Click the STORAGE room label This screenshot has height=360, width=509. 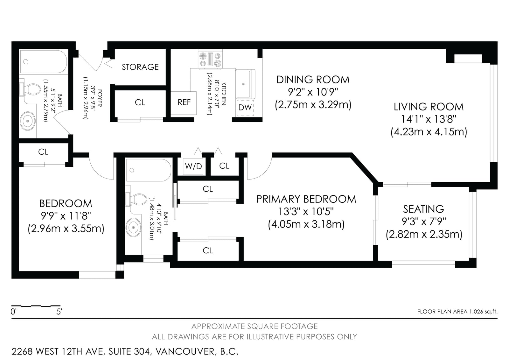140,67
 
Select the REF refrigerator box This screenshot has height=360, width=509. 184,103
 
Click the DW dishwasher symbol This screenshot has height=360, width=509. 245,107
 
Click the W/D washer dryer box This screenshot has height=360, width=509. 193,166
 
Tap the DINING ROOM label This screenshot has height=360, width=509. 313,80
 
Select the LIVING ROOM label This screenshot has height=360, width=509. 429,107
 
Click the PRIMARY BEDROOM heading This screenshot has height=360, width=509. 306,199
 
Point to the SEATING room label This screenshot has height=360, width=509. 423,209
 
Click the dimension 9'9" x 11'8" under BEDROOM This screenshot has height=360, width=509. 66,216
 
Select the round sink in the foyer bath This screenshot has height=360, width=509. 28,121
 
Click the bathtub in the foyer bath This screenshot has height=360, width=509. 43,62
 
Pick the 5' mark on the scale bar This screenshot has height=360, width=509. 59,312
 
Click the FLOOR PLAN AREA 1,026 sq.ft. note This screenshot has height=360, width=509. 457,312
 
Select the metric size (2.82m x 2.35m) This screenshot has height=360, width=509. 424,234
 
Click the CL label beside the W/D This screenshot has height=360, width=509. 224,166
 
